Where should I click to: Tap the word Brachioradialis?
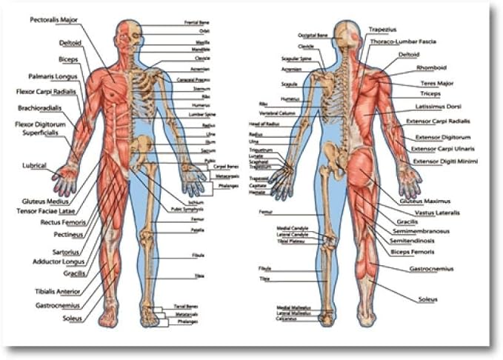click(x=39, y=108)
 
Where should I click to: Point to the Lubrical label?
click(x=35, y=165)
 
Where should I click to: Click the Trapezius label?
click(x=385, y=30)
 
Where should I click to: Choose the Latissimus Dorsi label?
click(x=440, y=107)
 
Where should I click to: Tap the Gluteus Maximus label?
click(x=424, y=201)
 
